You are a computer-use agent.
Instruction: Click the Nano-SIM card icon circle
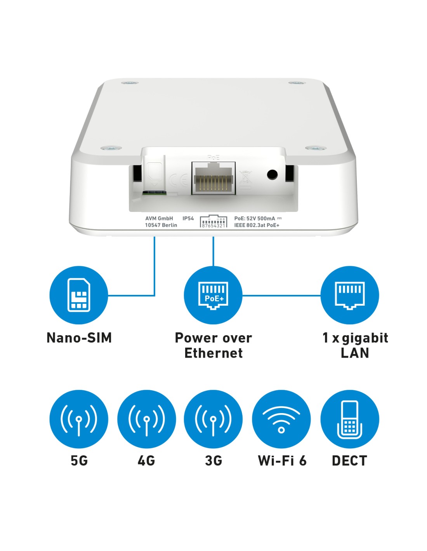coord(78,295)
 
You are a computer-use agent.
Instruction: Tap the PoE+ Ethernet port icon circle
coord(213,295)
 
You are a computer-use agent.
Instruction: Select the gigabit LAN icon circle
coord(349,295)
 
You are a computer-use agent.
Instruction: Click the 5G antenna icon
coord(78,419)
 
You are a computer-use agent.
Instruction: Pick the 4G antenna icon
coord(146,419)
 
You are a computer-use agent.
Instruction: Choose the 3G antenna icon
coord(213,419)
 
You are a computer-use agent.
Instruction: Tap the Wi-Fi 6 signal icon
coord(281,419)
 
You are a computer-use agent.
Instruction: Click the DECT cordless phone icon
coord(349,419)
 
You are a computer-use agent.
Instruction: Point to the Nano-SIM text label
coord(79,338)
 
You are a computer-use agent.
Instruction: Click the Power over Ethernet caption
coord(213,345)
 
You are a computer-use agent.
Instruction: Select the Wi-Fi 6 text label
coord(282,460)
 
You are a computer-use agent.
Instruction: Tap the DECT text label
coord(349,460)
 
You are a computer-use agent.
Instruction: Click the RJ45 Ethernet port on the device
coord(213,178)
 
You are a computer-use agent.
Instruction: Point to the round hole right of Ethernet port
coord(272,174)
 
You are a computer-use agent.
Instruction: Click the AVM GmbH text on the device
coord(159,218)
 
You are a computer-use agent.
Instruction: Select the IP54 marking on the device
coord(188,218)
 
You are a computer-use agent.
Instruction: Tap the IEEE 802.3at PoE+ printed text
coord(257,225)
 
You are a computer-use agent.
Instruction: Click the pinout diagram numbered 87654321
coord(213,222)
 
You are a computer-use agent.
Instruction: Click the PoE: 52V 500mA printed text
coord(255,218)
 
